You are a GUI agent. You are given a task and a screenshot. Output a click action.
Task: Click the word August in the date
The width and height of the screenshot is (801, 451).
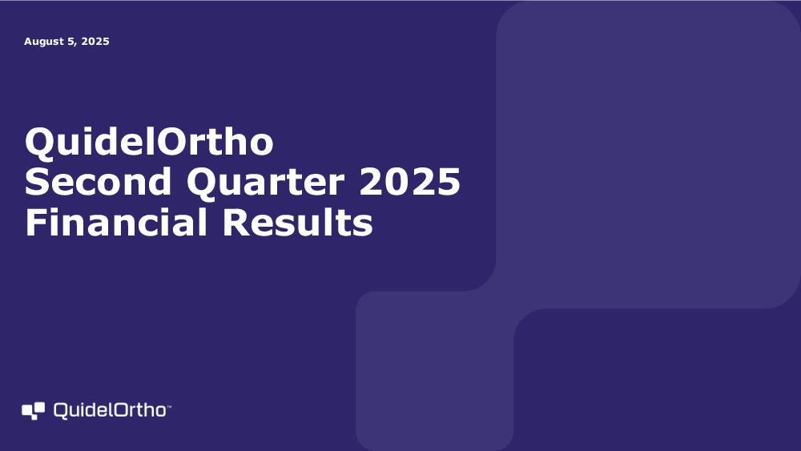[43, 42]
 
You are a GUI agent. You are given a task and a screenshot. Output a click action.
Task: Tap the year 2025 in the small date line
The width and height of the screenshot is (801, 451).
[95, 42]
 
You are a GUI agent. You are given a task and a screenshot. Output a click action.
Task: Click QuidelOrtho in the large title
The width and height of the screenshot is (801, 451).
[149, 142]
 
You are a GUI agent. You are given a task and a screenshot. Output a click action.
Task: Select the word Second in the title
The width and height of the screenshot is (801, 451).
[98, 182]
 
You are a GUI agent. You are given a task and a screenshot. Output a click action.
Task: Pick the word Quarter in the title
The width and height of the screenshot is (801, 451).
[266, 183]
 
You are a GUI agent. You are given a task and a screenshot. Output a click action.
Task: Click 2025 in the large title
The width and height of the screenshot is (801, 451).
[409, 182]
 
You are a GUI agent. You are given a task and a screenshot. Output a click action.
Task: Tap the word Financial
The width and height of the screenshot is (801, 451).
[116, 222]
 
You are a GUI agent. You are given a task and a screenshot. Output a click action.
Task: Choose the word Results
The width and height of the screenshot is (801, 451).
[298, 222]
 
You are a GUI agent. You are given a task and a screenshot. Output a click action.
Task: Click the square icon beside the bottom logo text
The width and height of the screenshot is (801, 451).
[33, 411]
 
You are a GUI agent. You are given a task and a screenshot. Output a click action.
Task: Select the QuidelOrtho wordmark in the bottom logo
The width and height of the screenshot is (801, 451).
[110, 411]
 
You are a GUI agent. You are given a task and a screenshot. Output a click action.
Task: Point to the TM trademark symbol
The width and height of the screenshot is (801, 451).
[169, 407]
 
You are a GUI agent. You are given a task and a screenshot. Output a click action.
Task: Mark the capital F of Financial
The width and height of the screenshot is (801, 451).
[36, 222]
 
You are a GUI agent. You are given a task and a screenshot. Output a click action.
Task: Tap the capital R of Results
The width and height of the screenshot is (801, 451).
[235, 222]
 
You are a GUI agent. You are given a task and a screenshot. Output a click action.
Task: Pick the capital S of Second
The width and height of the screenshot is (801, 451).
[37, 182]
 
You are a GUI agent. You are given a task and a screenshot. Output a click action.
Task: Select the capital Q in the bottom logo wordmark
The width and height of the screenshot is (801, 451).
[62, 411]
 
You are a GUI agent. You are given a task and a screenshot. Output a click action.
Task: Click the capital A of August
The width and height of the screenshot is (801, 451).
[29, 42]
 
